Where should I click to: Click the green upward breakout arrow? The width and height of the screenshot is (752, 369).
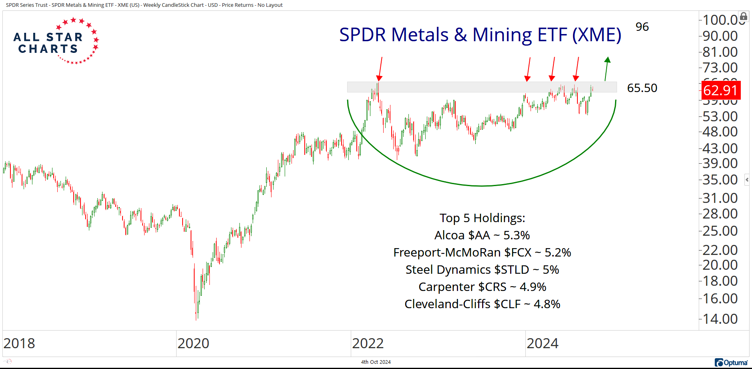[607, 69]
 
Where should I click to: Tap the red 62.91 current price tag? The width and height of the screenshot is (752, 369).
[720, 90]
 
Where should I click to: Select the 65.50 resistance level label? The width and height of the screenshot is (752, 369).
[642, 88]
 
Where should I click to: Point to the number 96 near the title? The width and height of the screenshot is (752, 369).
[642, 27]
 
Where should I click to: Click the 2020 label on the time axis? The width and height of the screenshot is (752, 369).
[193, 343]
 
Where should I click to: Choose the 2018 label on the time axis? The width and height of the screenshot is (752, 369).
[19, 343]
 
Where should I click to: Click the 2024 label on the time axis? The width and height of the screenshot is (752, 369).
[542, 343]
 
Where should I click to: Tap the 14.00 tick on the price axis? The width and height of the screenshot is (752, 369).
[720, 319]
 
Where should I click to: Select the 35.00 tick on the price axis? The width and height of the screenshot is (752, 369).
[720, 180]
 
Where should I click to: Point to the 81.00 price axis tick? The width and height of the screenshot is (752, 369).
[720, 52]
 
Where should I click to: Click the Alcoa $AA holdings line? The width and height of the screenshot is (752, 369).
[482, 235]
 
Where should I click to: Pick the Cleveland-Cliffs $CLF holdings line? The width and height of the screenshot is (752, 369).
[482, 304]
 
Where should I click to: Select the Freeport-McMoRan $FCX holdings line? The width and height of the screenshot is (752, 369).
[482, 253]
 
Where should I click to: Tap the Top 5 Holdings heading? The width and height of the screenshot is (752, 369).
[482, 218]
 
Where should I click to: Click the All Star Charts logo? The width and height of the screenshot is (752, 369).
[55, 42]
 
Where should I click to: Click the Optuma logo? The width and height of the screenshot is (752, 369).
[731, 363]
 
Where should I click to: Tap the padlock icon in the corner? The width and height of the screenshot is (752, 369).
[743, 16]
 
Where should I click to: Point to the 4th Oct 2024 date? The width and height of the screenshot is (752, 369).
[376, 362]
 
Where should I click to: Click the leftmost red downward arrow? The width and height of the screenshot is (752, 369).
[380, 69]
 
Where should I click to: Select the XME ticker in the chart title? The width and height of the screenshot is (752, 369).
[596, 35]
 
